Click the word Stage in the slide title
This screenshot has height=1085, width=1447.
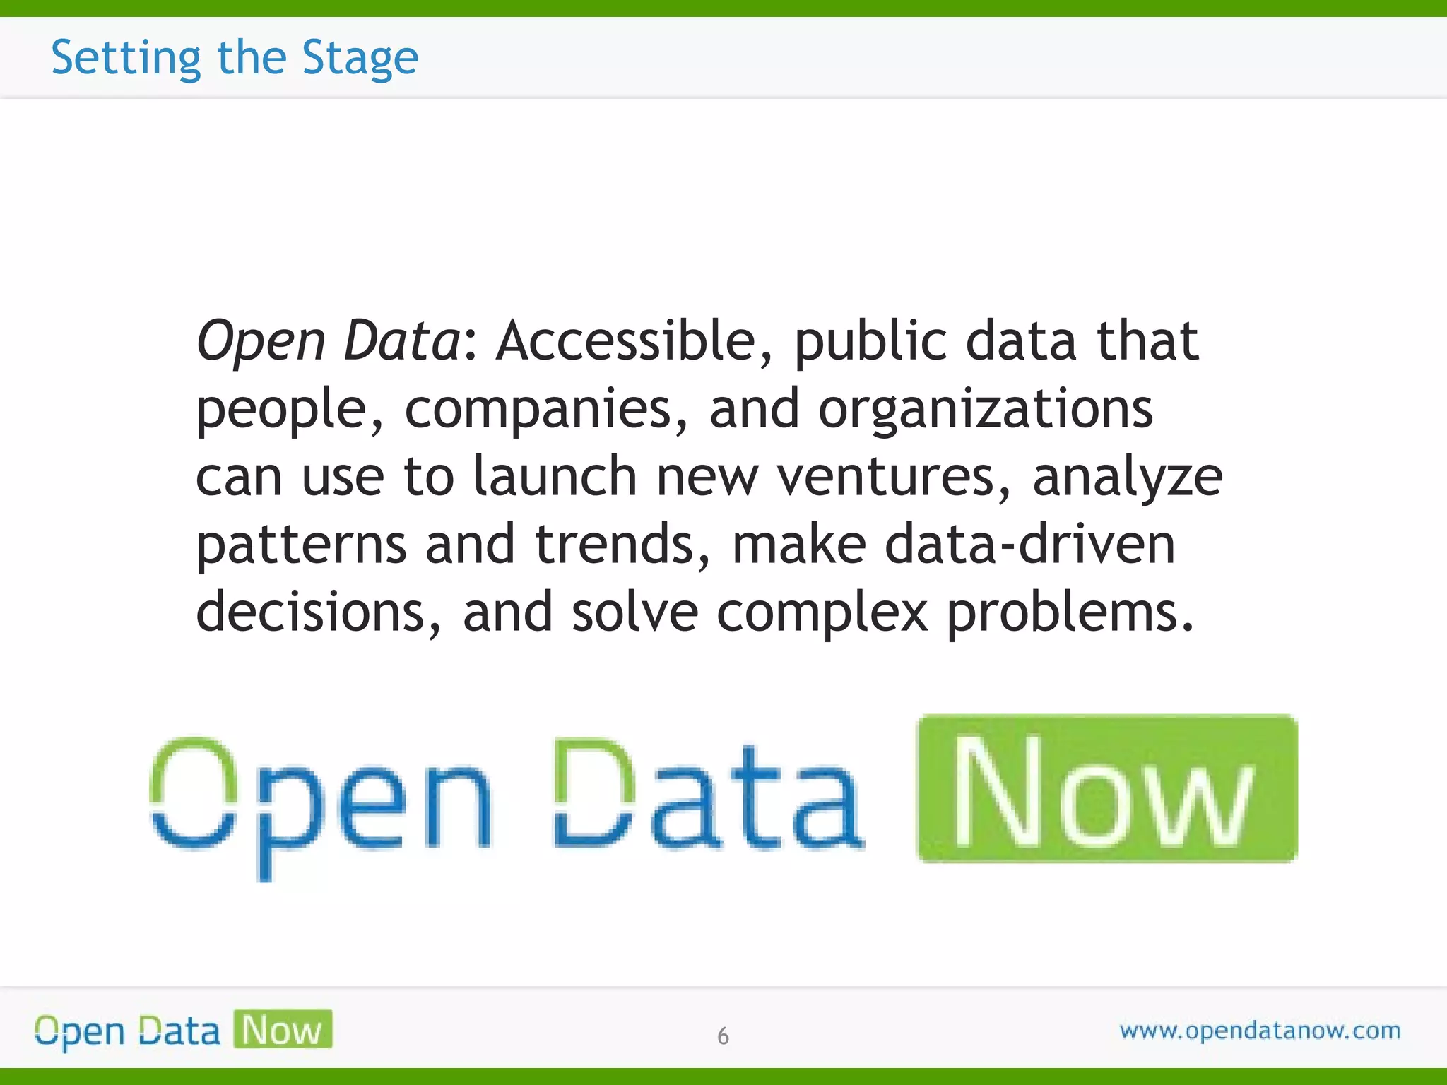(x=360, y=58)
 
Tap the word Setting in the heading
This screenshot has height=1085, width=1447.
(x=126, y=58)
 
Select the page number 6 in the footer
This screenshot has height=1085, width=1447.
(x=723, y=1036)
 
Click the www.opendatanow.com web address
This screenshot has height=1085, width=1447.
(x=1260, y=1031)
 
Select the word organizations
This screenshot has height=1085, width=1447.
(x=985, y=410)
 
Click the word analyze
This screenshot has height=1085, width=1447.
(x=1127, y=478)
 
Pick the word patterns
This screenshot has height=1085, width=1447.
(x=301, y=545)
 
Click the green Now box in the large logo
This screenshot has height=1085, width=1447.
(x=1106, y=788)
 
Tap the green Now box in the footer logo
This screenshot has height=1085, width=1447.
(x=283, y=1029)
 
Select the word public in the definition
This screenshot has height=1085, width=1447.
(x=870, y=342)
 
